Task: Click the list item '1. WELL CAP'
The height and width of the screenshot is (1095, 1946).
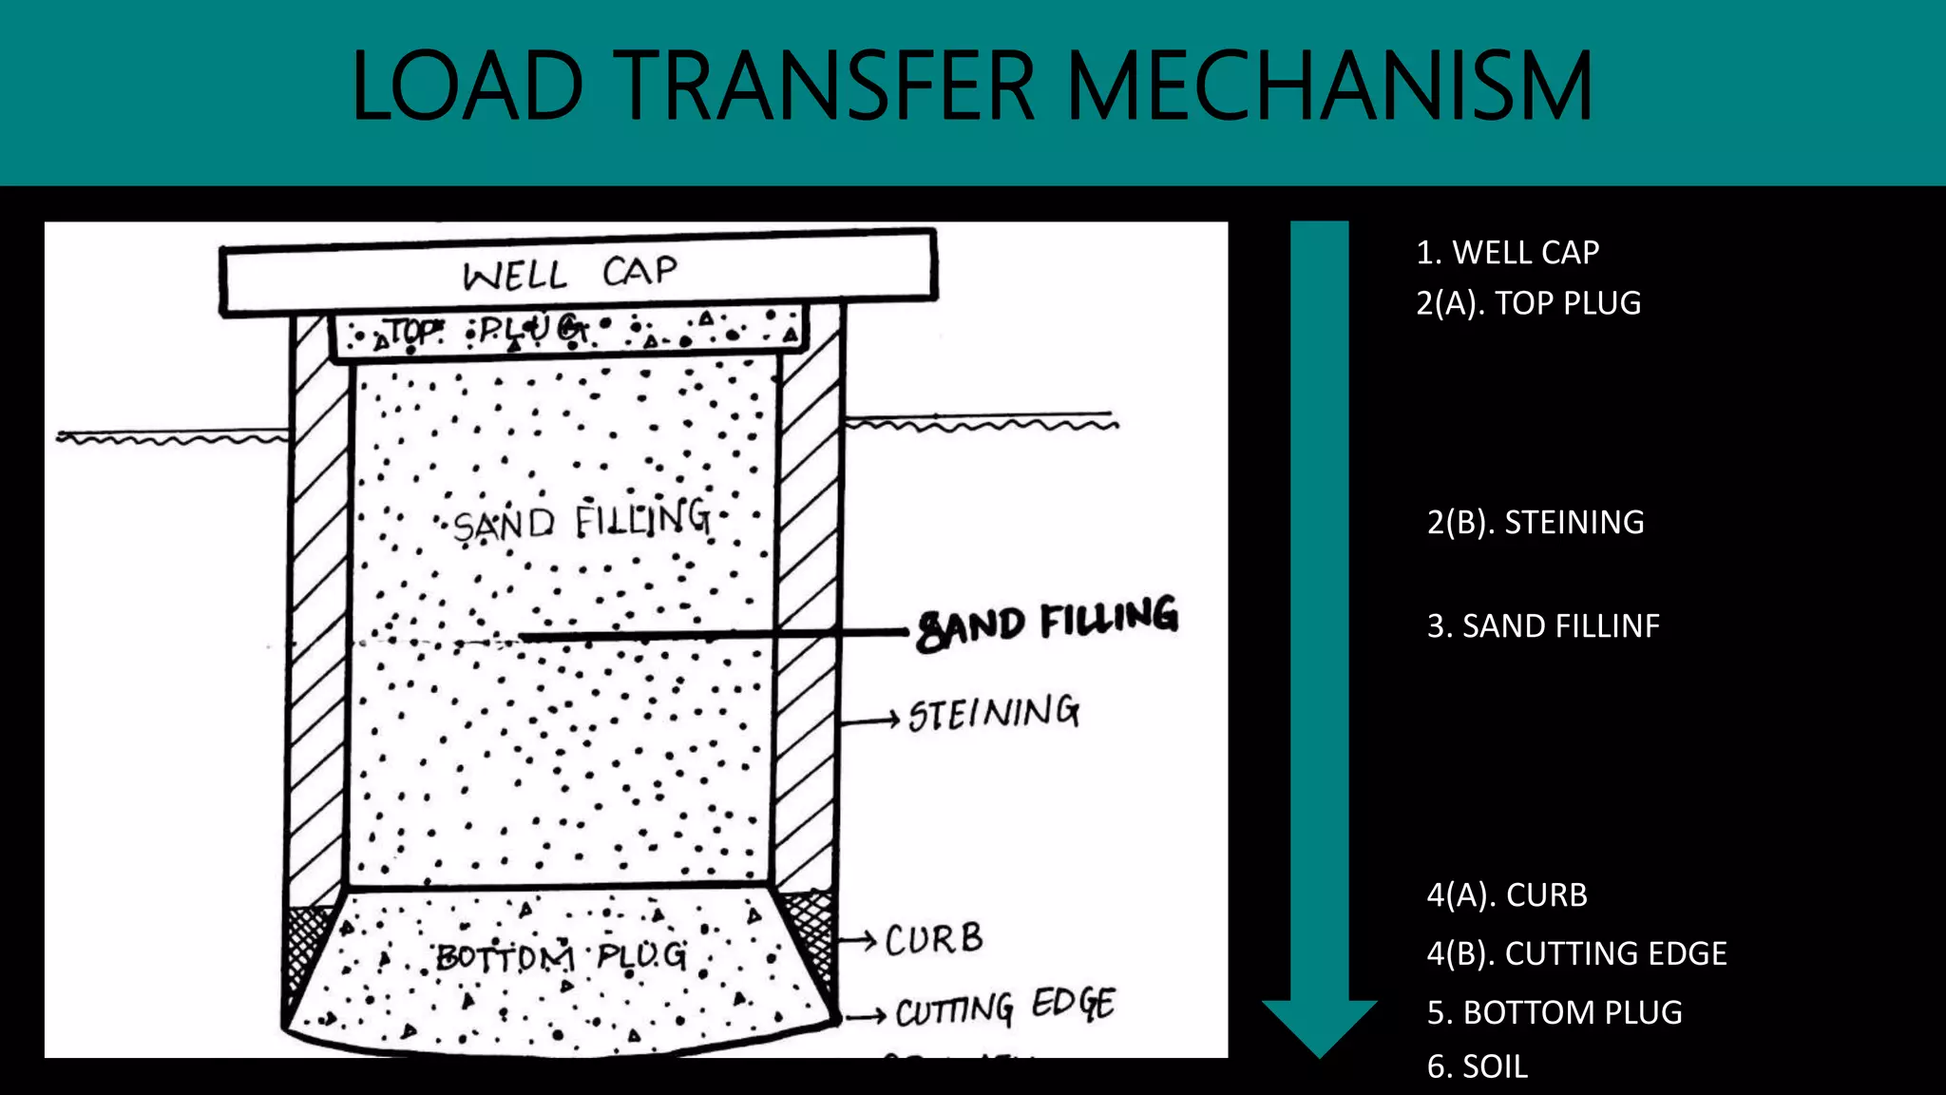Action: (x=1507, y=253)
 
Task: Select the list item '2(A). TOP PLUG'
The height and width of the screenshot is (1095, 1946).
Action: (x=1528, y=303)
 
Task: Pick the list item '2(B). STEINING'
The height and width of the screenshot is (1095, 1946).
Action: (x=1535, y=523)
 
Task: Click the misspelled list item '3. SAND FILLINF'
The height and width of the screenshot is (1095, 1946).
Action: (x=1542, y=626)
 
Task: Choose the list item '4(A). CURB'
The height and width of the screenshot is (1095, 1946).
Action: (x=1506, y=895)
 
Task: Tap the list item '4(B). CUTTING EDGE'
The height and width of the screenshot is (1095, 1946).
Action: (x=1576, y=953)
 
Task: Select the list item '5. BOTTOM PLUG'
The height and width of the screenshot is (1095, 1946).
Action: (x=1554, y=1013)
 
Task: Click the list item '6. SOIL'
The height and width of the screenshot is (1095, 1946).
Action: (x=1477, y=1067)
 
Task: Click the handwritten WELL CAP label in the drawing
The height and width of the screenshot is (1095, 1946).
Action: (x=570, y=274)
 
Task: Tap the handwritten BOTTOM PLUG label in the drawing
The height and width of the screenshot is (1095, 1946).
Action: (x=561, y=955)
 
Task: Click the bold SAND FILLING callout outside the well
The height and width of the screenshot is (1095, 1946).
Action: (x=1047, y=624)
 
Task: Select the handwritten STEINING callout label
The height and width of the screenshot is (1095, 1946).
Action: (x=994, y=713)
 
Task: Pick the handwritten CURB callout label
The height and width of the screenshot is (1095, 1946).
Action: (x=934, y=940)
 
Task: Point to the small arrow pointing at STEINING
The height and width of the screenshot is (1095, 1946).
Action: (x=870, y=720)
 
